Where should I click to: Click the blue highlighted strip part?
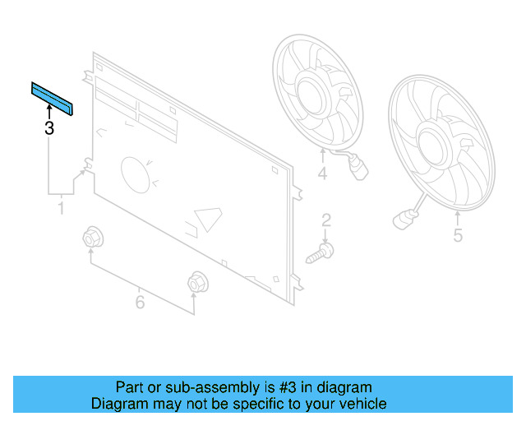click(52, 99)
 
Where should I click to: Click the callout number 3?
click(48, 128)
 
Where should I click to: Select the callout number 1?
click(61, 210)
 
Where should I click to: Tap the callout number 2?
click(325, 220)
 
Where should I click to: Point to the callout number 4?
click(322, 173)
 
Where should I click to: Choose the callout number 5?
click(458, 236)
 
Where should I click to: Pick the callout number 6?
click(140, 303)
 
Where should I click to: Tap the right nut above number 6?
click(196, 282)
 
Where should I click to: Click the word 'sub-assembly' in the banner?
click(207, 386)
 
